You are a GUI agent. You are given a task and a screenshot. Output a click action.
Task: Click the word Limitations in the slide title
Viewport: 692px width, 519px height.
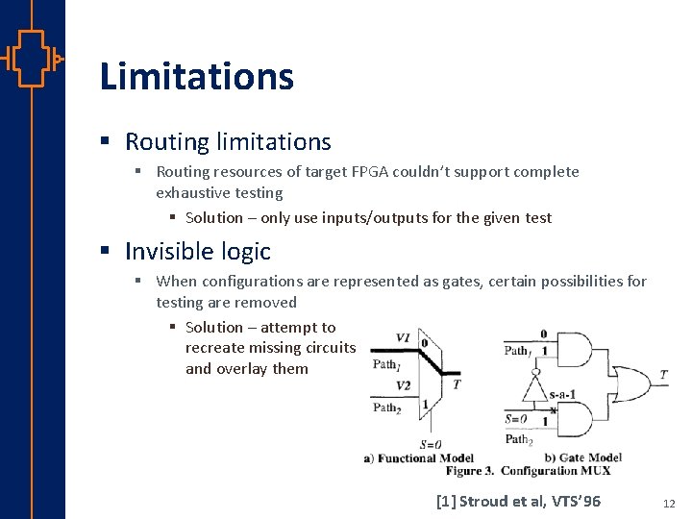(196, 76)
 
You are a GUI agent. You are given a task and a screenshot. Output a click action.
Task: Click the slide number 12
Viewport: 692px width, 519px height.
(670, 502)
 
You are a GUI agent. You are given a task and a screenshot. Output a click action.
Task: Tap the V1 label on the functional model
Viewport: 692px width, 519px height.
(403, 338)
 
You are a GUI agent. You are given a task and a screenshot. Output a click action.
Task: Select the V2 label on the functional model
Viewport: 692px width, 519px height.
(405, 385)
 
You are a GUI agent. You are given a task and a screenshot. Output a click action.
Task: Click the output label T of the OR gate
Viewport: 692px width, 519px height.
(663, 375)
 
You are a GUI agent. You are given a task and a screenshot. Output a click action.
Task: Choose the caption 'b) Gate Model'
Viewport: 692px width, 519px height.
(583, 457)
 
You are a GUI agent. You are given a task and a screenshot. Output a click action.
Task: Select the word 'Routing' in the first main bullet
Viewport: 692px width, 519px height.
(166, 142)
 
